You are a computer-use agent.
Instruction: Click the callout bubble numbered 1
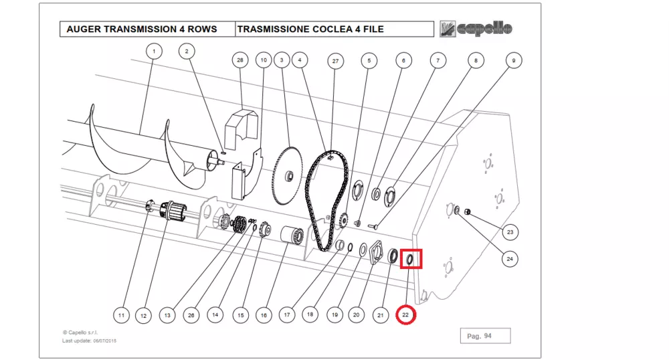(154, 51)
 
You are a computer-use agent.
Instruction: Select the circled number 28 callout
(240, 60)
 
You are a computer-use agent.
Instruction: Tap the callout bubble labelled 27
(335, 61)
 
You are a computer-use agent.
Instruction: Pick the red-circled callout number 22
(405, 314)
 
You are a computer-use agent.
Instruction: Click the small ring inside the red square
(411, 259)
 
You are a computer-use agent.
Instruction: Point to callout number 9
(513, 60)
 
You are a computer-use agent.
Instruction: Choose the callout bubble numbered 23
(510, 233)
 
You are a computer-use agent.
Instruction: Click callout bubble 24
(510, 258)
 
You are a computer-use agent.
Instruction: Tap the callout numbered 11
(121, 314)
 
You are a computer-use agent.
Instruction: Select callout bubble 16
(264, 314)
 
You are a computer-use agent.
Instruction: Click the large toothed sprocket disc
(288, 175)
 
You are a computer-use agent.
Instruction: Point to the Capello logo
(476, 29)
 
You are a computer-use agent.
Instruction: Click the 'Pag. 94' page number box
(485, 335)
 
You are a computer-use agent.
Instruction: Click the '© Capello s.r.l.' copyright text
(81, 333)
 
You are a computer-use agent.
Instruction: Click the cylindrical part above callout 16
(291, 237)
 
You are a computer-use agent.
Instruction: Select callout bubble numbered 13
(167, 314)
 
